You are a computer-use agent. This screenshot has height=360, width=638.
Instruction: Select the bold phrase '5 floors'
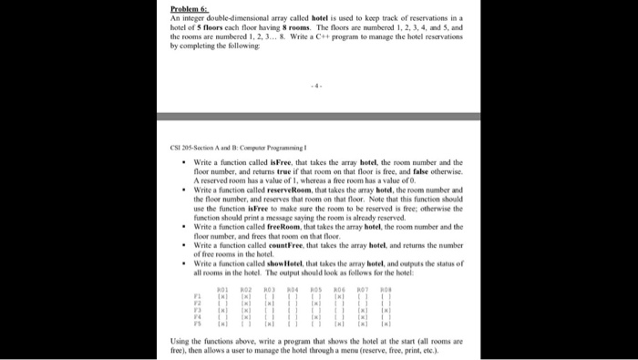pos(224,30)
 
